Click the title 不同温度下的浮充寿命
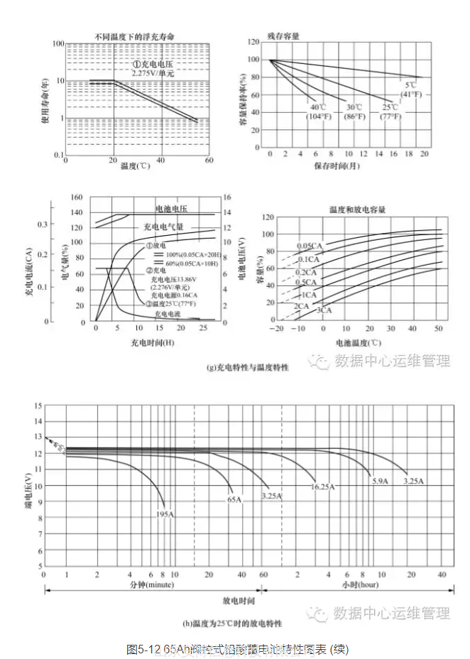click(135, 36)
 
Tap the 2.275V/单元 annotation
click(153, 72)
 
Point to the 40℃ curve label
click(317, 107)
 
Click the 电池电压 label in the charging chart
click(171, 209)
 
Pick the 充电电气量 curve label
click(163, 227)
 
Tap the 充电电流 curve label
click(168, 312)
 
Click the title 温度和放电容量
click(356, 210)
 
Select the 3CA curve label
click(324, 310)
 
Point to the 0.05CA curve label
click(310, 246)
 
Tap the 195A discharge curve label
click(163, 513)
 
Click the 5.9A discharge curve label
click(381, 481)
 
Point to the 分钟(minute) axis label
click(151, 585)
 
